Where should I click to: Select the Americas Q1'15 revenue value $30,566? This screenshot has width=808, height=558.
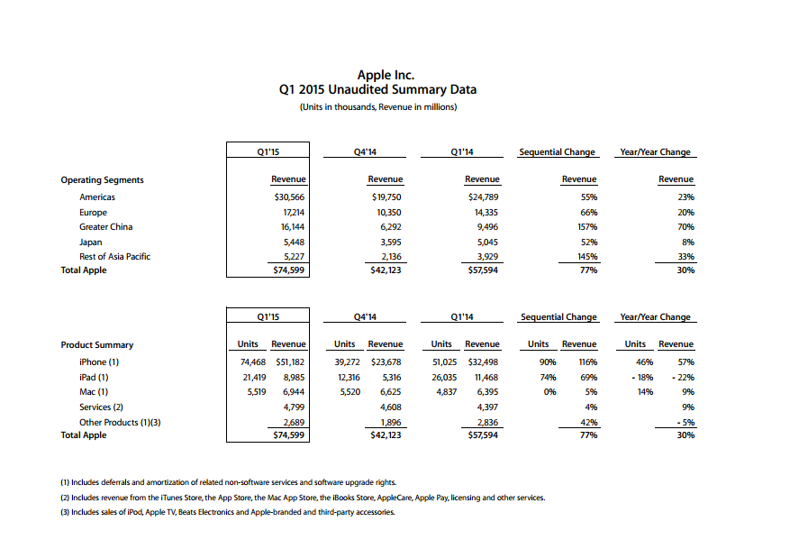(289, 197)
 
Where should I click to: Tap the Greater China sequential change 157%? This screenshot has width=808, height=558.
(587, 227)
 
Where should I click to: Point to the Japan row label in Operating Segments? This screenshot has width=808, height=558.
(91, 242)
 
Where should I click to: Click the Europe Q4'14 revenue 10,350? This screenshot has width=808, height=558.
(387, 213)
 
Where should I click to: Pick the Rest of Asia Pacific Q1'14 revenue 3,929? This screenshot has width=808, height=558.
(486, 256)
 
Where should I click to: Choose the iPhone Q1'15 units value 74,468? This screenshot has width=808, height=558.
(250, 362)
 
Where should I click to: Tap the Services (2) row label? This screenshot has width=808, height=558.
(101, 407)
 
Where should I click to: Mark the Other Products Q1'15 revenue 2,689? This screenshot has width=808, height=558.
(292, 421)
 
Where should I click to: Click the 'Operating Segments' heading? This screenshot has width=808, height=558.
(102, 180)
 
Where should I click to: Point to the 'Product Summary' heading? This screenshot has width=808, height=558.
(96, 345)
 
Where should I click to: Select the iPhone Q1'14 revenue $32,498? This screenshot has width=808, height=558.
(482, 362)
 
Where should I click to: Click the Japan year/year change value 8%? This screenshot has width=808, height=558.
(686, 242)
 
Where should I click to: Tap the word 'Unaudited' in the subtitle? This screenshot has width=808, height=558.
(365, 90)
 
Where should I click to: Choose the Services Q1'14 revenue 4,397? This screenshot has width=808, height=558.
(486, 407)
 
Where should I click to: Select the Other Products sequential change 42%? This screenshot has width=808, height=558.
(588, 421)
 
